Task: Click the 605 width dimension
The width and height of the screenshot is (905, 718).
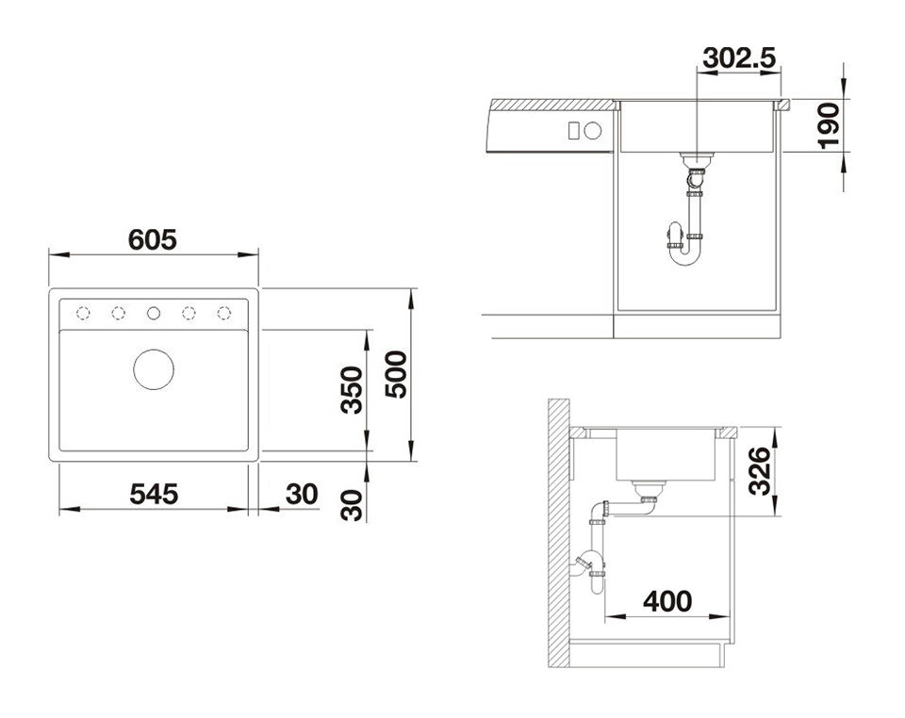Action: (153, 240)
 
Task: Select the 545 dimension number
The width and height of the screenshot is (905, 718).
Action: (154, 495)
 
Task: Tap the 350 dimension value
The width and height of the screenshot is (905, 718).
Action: (352, 390)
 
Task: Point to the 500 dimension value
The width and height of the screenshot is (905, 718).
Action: (396, 375)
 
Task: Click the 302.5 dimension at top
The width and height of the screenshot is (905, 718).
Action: (739, 57)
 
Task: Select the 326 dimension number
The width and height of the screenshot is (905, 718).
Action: (760, 471)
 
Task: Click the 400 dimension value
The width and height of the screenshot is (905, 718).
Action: (667, 601)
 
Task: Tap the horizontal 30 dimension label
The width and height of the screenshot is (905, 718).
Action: (302, 495)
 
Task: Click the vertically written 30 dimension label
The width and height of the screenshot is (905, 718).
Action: (352, 505)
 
